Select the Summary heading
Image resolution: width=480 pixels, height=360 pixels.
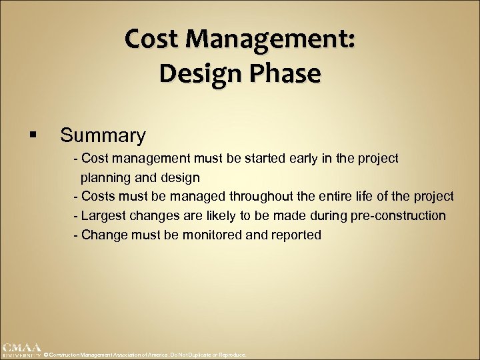point(103,135)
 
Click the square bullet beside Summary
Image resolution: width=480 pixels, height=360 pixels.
point(33,136)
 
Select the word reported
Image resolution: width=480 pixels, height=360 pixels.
point(295,235)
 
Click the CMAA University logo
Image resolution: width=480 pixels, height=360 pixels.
point(21,351)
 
